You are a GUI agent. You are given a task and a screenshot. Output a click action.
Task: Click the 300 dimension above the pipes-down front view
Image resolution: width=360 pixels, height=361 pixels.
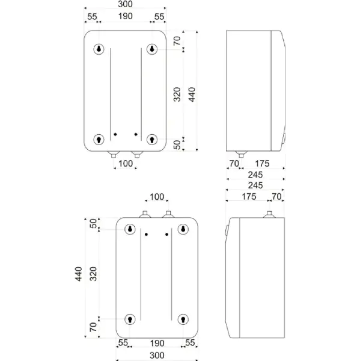tap(125, 4)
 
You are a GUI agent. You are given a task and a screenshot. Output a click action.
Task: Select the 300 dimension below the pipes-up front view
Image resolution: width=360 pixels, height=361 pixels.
tap(157, 355)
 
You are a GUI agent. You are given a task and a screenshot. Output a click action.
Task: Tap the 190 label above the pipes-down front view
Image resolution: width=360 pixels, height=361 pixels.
tap(126, 16)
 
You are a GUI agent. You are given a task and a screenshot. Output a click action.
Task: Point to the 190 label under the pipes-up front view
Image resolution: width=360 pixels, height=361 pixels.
tap(157, 344)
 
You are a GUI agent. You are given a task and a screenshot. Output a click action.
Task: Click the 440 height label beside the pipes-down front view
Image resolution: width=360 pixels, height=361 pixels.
tap(192, 94)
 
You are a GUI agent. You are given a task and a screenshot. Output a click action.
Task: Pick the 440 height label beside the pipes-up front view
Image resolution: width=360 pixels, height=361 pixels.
tap(79, 274)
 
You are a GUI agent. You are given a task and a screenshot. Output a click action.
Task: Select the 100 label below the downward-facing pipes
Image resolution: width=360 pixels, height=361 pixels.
tap(126, 164)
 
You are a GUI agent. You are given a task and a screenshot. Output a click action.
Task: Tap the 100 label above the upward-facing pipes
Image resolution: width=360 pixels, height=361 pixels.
tap(157, 197)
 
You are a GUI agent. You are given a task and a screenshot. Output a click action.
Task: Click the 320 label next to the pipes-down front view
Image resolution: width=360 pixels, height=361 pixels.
tap(177, 94)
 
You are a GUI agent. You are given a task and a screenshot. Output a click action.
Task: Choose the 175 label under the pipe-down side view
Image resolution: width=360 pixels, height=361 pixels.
tap(262, 164)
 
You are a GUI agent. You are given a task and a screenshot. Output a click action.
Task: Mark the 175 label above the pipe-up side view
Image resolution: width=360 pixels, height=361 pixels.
tap(249, 197)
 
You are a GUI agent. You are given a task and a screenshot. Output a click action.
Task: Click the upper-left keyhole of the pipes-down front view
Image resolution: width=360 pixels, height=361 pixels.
tap(99, 49)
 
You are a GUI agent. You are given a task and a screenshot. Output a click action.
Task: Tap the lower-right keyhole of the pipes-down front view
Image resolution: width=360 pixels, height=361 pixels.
tap(152, 140)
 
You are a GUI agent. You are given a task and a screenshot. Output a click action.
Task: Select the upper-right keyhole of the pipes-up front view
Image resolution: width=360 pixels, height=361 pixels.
tap(183, 229)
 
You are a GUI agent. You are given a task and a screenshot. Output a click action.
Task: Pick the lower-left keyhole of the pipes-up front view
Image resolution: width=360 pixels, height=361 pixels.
tap(130, 319)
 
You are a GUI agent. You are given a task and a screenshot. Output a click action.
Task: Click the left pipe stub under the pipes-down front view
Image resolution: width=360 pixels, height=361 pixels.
tap(114, 154)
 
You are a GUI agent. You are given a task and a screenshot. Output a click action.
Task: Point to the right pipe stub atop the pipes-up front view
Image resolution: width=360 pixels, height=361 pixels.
tap(168, 214)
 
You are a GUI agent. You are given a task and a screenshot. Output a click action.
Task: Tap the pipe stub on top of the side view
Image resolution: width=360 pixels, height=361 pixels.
tap(269, 214)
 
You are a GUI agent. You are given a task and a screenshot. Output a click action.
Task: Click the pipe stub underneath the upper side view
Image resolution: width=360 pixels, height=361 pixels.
tap(241, 154)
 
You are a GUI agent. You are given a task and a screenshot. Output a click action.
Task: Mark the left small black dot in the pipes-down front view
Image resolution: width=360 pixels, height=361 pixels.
tap(115, 134)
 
